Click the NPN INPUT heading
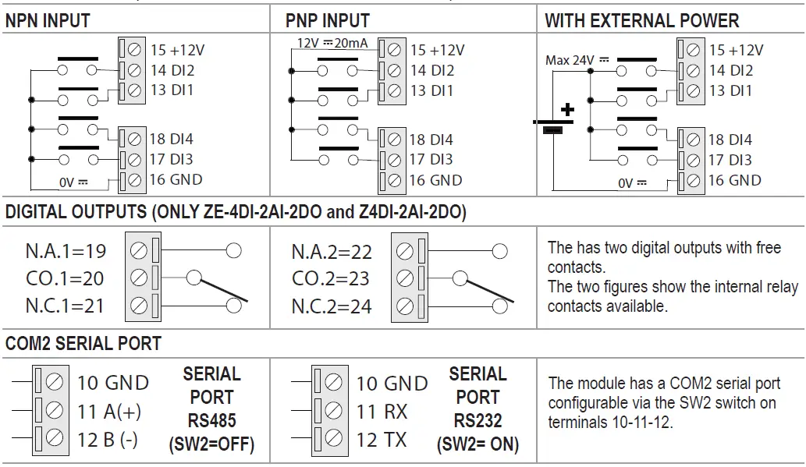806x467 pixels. [x=48, y=21]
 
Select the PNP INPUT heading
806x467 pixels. [x=328, y=21]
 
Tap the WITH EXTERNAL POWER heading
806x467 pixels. [x=641, y=21]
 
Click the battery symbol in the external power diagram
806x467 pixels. [x=553, y=123]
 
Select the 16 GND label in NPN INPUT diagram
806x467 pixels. [x=176, y=179]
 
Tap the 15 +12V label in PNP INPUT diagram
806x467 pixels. [x=437, y=50]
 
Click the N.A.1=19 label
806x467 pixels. [x=65, y=251]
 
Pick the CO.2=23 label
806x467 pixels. [x=332, y=278]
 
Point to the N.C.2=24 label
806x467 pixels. [x=332, y=306]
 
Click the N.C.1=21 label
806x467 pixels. [x=65, y=306]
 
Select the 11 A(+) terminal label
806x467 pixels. [x=108, y=411]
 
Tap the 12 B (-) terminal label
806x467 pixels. [x=107, y=439]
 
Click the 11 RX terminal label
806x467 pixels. [x=382, y=412]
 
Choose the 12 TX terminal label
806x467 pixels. [x=382, y=440]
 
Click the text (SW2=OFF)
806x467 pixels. [x=211, y=448]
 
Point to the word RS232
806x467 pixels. [x=478, y=422]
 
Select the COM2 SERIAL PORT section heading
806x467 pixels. [x=83, y=344]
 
